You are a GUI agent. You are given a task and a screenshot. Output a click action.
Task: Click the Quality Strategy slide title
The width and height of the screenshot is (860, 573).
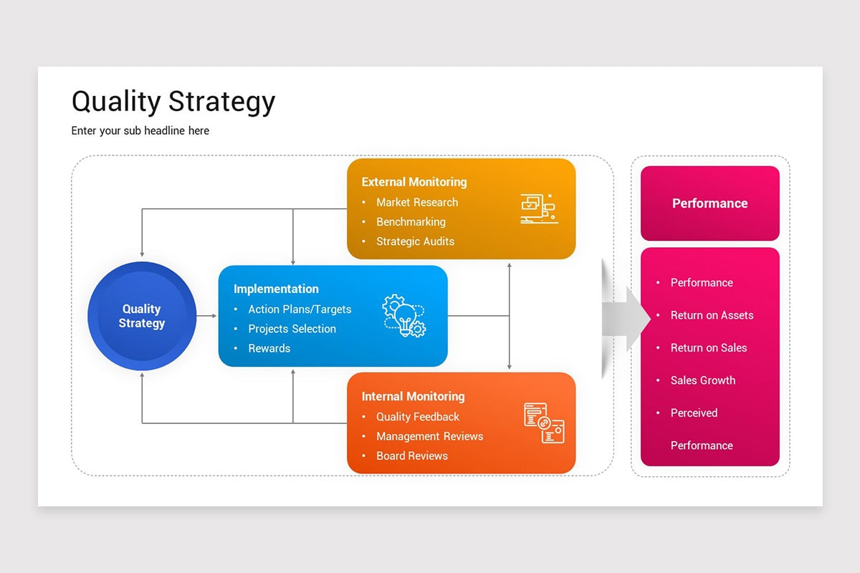tap(173, 102)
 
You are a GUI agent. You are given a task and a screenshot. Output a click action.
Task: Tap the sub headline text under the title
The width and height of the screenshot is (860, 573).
tap(140, 130)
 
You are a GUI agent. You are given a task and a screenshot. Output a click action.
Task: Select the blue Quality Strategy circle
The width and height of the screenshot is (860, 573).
tap(142, 316)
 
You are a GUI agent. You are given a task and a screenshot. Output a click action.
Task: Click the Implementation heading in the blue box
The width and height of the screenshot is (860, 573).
tap(276, 289)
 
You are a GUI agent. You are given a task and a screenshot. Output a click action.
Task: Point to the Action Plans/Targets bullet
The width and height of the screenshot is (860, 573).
tap(300, 309)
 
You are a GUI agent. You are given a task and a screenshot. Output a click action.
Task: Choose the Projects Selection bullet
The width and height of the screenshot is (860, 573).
tap(292, 329)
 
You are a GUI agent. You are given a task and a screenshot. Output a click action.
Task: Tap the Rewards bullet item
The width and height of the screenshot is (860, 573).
tap(269, 348)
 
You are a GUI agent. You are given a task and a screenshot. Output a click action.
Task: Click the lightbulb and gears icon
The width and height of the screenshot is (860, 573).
tap(404, 316)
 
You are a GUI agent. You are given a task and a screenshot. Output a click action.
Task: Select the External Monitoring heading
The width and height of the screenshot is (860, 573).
tap(414, 182)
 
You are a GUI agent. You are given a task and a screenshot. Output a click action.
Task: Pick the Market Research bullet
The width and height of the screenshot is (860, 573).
tap(416, 202)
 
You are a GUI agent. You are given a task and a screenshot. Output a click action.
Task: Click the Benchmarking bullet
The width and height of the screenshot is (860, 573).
tap(411, 222)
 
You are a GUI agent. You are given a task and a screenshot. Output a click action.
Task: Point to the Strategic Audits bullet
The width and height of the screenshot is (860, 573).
tap(415, 241)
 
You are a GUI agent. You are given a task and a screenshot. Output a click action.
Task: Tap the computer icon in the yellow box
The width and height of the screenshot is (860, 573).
tap(538, 208)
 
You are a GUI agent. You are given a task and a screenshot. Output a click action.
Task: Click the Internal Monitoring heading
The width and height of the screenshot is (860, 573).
tap(413, 396)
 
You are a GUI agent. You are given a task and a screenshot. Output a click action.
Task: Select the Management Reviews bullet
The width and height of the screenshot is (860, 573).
tap(429, 436)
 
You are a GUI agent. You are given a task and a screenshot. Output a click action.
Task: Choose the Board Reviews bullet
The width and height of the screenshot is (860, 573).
tap(411, 456)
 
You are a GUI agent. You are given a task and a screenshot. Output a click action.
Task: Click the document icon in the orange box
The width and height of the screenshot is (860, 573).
tap(544, 423)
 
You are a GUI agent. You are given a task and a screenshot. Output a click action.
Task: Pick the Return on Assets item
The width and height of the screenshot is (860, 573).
tap(712, 315)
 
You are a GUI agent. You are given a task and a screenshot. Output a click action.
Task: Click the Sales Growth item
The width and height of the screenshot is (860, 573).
tap(702, 380)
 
